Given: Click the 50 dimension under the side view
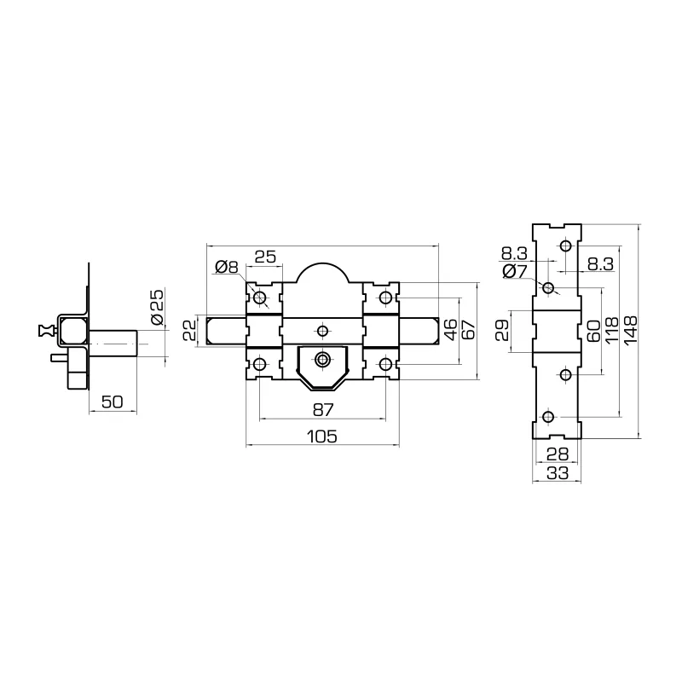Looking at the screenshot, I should tap(113, 402).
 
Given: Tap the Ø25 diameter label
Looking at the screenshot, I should tap(158, 307).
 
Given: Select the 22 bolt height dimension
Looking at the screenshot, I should tap(190, 329).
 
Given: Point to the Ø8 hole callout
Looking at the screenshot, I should tap(227, 267).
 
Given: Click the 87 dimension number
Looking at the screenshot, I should tap(322, 409).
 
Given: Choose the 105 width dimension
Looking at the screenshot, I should tap(322, 436).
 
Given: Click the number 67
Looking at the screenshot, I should tap(468, 329).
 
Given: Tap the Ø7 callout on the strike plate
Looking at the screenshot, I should tap(515, 271).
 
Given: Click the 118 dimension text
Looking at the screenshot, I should tap(611, 329).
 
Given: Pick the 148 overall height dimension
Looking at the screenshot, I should tap(631, 329).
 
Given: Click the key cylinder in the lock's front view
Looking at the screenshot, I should tap(322, 360).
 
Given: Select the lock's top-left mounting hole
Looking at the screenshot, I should tap(261, 298).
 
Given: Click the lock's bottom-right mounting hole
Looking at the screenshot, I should tap(385, 364).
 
